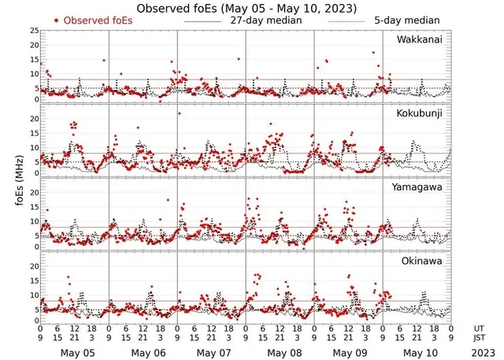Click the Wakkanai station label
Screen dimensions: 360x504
click(x=420, y=39)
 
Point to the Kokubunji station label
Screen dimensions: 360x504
click(x=420, y=113)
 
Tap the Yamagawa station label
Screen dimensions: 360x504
click(x=419, y=187)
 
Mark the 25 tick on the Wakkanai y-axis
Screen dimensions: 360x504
click(x=34, y=30)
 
